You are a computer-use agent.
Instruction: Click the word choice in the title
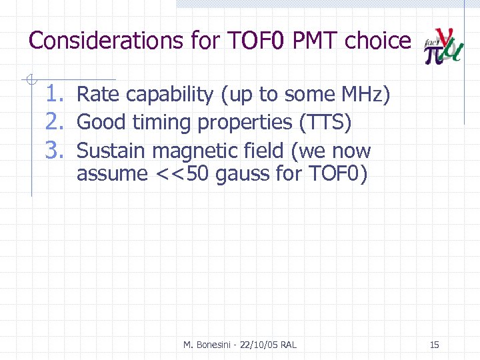378,41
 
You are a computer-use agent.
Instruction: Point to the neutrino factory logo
444,47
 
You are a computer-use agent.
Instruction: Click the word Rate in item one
96,95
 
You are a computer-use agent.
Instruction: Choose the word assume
111,175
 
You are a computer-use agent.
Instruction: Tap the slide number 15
434,345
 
